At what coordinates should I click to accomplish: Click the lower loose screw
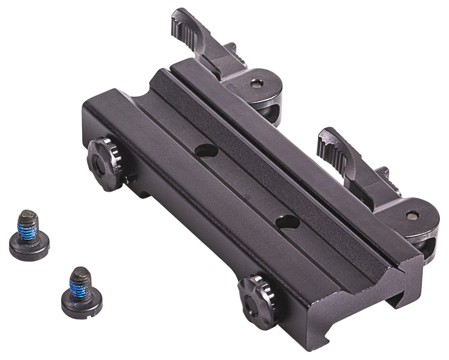point(82,291)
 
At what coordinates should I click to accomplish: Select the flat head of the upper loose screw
point(29,245)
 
